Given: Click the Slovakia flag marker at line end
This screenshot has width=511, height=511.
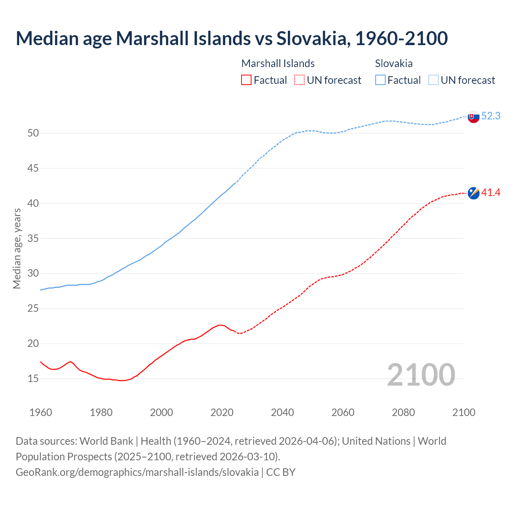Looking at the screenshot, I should click(x=473, y=117).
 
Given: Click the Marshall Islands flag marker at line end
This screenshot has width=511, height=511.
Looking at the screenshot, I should click(x=473, y=193).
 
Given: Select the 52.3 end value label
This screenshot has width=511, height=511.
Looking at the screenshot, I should click(x=491, y=116).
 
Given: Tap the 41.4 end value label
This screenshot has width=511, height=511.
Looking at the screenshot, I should click(x=491, y=193).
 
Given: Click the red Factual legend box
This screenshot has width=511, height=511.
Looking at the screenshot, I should click(x=246, y=80).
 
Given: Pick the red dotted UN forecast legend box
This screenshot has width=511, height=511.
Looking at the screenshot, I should click(x=299, y=80).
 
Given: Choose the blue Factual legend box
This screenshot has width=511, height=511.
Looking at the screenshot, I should click(x=380, y=80).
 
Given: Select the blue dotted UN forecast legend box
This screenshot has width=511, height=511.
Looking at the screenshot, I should click(x=433, y=80).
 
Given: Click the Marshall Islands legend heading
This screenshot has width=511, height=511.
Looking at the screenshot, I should click(x=278, y=63).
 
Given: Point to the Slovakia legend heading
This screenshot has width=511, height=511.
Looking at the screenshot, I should click(x=394, y=63).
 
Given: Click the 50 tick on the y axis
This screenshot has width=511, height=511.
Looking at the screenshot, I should click(x=33, y=133).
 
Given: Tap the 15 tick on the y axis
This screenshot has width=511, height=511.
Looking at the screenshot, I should click(x=33, y=378).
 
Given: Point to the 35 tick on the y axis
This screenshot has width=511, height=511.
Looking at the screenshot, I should click(x=33, y=239).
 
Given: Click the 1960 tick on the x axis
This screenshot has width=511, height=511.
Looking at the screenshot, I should click(x=41, y=412).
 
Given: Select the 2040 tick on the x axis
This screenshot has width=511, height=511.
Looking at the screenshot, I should click(x=282, y=412).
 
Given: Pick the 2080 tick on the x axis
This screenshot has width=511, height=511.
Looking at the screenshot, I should click(x=403, y=412).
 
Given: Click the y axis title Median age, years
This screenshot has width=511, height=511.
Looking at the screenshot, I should click(x=17, y=248).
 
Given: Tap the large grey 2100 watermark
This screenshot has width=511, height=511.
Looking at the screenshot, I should click(x=421, y=374).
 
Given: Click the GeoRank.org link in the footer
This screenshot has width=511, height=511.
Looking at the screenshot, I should click(x=137, y=472).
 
